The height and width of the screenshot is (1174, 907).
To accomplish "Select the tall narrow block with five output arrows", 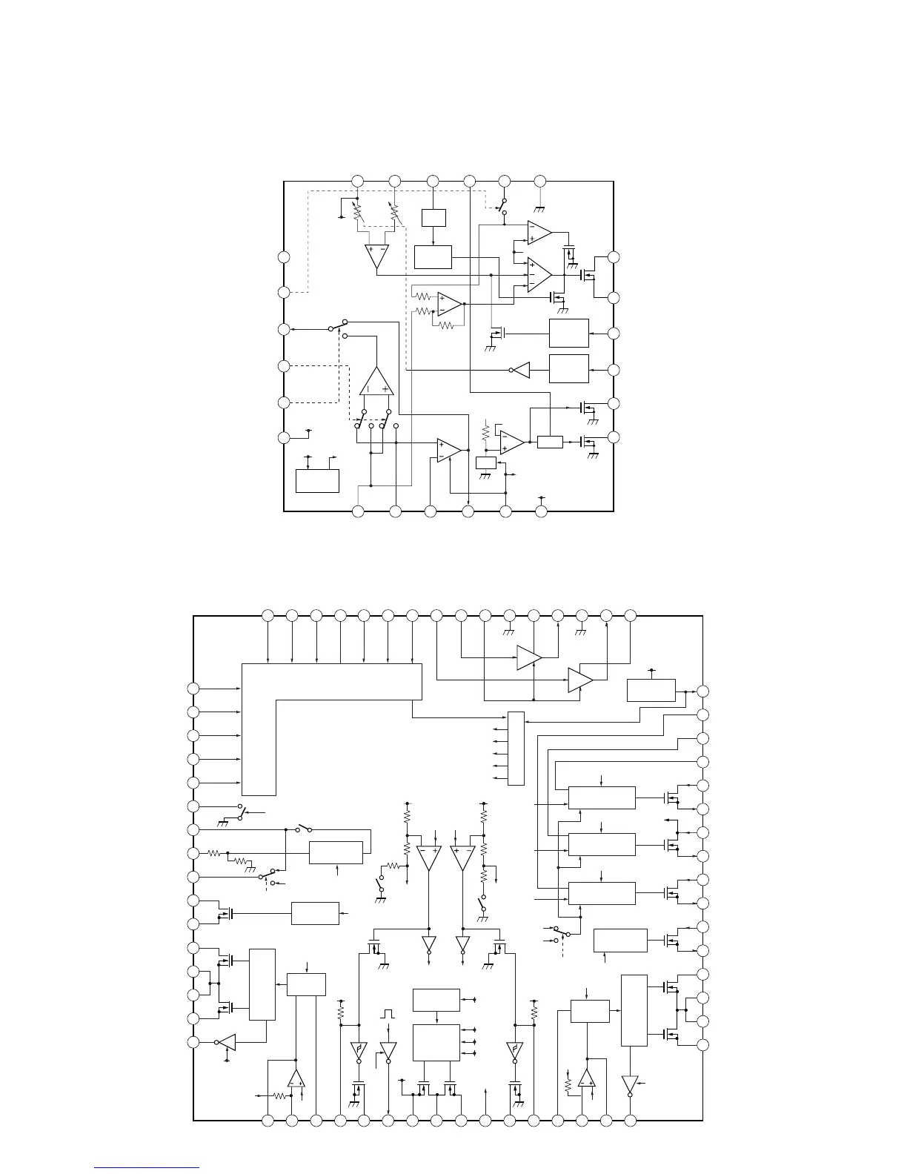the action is pos(516,749).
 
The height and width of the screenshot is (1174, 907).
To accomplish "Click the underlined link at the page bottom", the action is pos(147,1169).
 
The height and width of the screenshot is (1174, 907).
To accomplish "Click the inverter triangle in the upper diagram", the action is pos(521,370).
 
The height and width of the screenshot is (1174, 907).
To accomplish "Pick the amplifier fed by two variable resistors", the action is pos(376,256).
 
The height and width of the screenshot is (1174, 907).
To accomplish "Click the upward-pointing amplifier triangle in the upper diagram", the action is pos(376,382).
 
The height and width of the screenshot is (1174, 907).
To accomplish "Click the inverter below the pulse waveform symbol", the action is pos(388,1050).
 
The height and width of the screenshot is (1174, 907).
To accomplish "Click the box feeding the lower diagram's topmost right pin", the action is pos(651,689).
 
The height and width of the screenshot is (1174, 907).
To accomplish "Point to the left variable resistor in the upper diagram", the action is pos(358,211).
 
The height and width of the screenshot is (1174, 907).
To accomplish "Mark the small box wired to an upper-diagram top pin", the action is pos(433,218).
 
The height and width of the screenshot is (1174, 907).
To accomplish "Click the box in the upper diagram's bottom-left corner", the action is pos(317,480).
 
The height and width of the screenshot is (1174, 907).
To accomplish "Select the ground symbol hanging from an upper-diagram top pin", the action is pos(540,192).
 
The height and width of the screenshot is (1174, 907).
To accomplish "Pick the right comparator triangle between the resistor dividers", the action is pos(462,858).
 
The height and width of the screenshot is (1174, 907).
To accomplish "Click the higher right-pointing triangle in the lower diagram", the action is pos(528,657).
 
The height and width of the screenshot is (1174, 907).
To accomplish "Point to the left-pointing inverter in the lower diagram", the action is pos(227,1042).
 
